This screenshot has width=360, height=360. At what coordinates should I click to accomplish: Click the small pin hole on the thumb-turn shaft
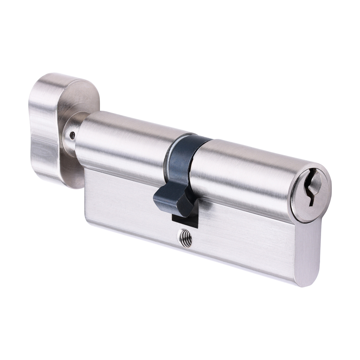coord(72,136)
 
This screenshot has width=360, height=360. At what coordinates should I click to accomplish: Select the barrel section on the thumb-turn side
coord(122,144)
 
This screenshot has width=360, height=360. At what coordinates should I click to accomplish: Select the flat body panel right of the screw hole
coord(245,245)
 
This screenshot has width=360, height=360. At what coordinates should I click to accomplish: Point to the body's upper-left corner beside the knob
coord(86,171)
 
